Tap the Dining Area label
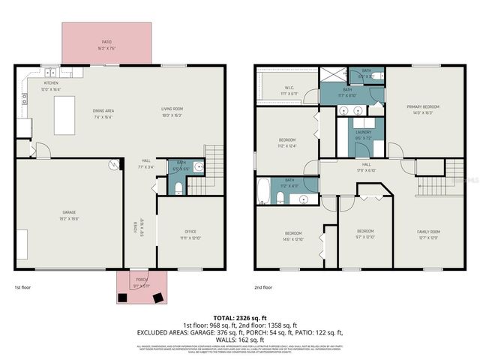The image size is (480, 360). coord(104,112)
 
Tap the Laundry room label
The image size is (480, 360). coord(364,135)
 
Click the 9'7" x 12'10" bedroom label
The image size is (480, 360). coord(365,234)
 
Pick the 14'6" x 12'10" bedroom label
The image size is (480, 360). coord(293,236)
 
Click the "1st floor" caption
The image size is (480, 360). coord(23,287)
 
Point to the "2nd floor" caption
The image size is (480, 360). coord(262,287)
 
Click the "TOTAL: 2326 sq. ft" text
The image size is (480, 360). coord(240,319)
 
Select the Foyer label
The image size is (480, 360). coord(137,228)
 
